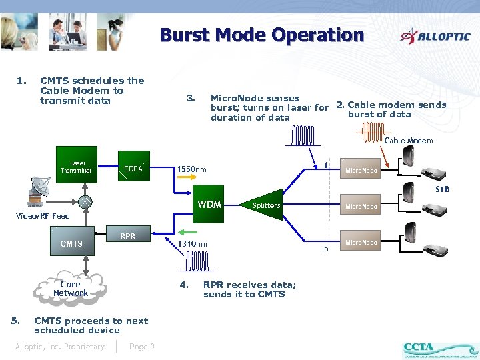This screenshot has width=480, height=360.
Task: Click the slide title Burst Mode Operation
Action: [x=261, y=35]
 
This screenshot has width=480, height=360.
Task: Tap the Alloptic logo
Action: [x=435, y=36]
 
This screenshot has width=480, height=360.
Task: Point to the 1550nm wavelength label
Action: [x=191, y=169]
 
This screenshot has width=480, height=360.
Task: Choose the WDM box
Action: [x=209, y=204]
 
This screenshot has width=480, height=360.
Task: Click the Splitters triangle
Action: [x=265, y=205]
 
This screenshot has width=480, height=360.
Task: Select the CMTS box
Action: [x=71, y=243]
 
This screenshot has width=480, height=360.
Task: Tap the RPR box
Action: [x=128, y=235]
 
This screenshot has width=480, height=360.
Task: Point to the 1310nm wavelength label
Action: [x=193, y=244]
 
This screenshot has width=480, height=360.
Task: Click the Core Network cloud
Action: [x=71, y=288]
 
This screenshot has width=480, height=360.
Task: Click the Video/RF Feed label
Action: [x=43, y=216]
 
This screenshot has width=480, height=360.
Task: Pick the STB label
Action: [x=442, y=189]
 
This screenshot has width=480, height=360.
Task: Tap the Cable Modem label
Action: [x=409, y=141]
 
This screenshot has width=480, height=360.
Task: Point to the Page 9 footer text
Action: [x=142, y=346]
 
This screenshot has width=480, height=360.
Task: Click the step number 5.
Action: [x=15, y=321]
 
